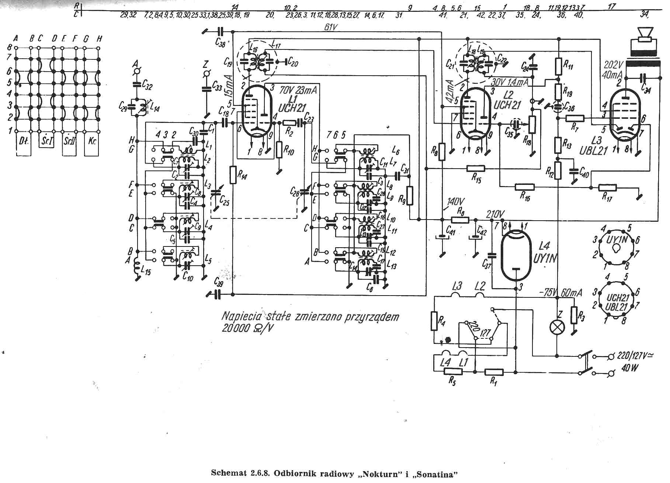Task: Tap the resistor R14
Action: tap(233, 175)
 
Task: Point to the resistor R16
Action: tap(525, 187)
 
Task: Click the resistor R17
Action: tap(608, 187)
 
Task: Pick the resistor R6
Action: tap(460, 220)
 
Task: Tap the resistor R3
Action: tap(573, 315)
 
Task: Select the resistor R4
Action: tap(434, 320)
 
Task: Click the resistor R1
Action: tap(494, 372)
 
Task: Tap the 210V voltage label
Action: tap(495, 215)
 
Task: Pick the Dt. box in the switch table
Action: tap(24, 141)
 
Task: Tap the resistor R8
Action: tap(442, 152)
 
